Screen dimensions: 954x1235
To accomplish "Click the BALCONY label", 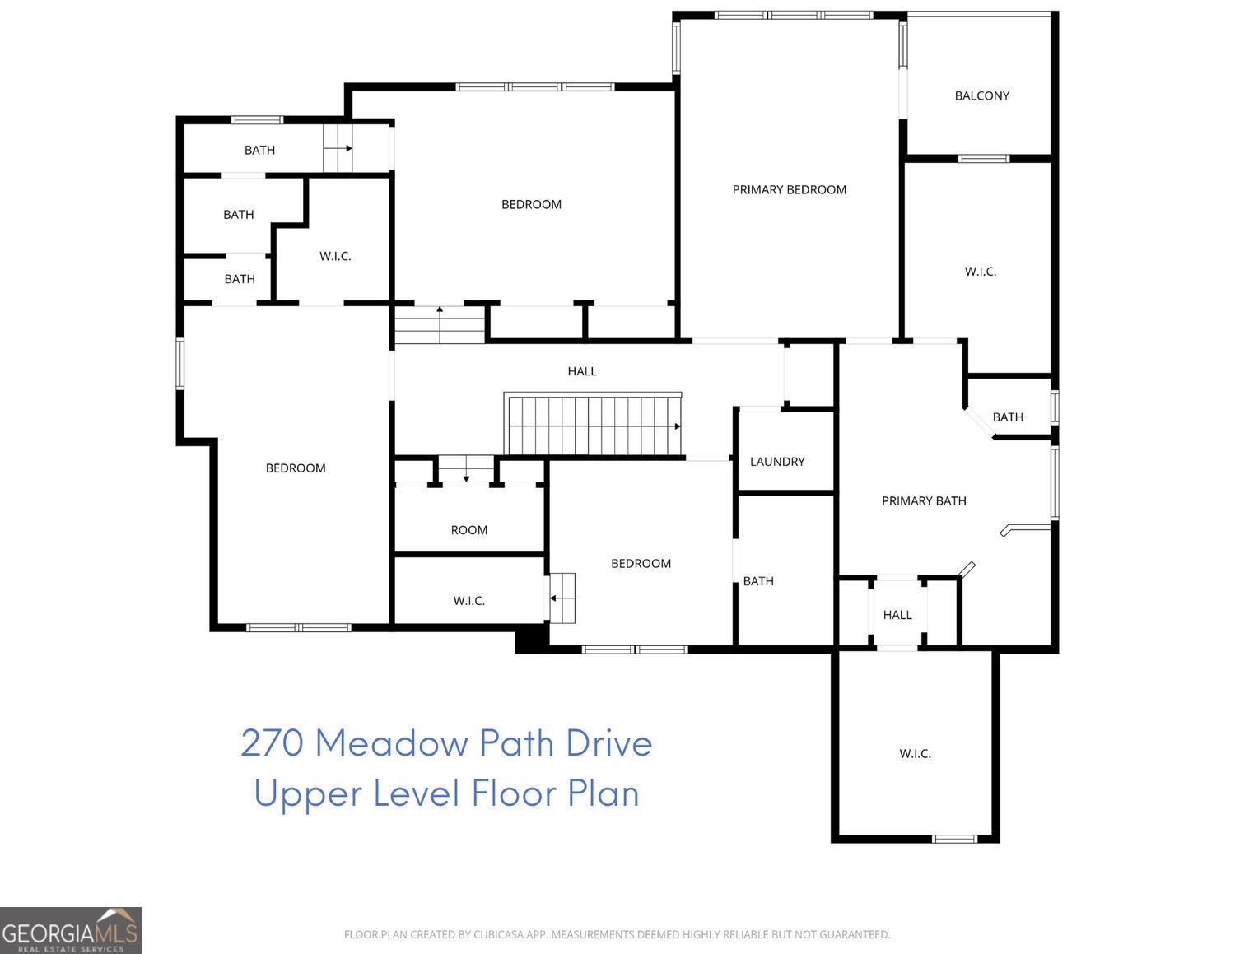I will [x=981, y=95].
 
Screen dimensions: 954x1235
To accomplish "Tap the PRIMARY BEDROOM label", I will [x=789, y=189].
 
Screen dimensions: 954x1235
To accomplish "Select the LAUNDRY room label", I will [x=776, y=462].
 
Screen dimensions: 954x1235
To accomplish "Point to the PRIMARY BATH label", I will [x=923, y=500].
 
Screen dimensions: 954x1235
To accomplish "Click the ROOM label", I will [x=468, y=530].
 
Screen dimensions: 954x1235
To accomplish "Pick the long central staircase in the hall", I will [x=593, y=425].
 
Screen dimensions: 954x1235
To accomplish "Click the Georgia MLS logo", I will [x=70, y=930].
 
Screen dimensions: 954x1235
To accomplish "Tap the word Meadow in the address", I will [x=391, y=742].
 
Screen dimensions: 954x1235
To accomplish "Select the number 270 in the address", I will [x=273, y=742].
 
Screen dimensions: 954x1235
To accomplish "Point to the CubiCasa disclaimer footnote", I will [x=617, y=934].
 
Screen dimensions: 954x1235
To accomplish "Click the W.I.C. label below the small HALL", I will [x=915, y=753].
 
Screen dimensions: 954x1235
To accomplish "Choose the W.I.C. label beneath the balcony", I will [x=980, y=271].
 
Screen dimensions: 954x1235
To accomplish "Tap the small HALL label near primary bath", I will [x=897, y=615].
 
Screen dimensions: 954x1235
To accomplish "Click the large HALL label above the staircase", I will [x=581, y=371].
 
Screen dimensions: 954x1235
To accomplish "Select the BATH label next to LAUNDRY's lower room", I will [x=757, y=581].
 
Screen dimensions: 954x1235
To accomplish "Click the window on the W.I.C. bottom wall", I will [x=954, y=839].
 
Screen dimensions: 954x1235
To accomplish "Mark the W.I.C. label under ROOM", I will [x=468, y=601].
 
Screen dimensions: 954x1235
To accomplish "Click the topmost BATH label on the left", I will [x=259, y=150].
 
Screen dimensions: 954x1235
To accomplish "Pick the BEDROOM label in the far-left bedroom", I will [x=295, y=468].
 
